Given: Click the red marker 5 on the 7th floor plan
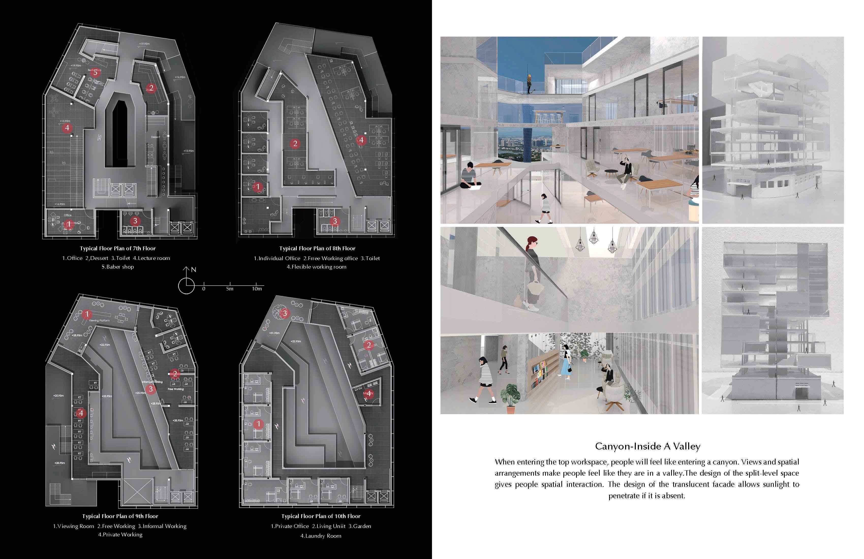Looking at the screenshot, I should [96, 73].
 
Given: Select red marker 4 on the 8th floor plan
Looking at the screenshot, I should [361, 140].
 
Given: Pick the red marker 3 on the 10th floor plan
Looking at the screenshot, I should [285, 313].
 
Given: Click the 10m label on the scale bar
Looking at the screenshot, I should [257, 289].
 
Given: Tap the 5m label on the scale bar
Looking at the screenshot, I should [230, 289].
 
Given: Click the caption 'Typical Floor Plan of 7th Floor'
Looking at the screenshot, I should [118, 248].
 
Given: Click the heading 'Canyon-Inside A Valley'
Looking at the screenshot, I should [648, 446].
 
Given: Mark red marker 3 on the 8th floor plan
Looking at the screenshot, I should [335, 221].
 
